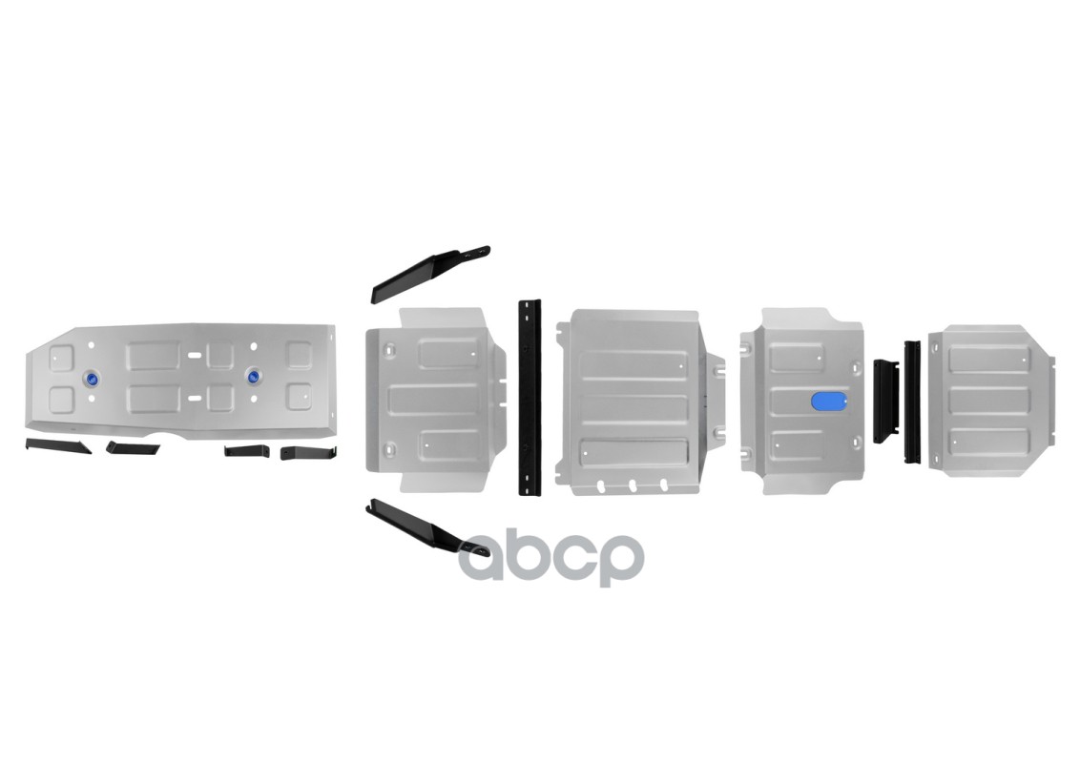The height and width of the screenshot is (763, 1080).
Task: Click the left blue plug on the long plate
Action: coord(93,379)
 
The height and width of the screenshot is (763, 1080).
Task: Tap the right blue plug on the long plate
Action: coord(253,376)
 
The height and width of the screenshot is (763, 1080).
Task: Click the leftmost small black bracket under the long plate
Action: coord(57,446)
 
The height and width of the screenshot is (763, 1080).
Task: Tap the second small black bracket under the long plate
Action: coord(127,447)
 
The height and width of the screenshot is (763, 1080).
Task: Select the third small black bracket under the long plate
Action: coord(246,450)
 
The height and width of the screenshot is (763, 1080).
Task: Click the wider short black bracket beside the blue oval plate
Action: coord(886,400)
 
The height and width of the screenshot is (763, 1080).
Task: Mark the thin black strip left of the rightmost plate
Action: coord(911,402)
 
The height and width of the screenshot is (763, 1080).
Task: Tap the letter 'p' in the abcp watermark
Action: coord(619,562)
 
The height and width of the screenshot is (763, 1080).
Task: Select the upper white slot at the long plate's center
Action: coord(195,355)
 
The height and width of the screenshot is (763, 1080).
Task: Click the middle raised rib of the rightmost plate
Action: coord(988,401)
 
